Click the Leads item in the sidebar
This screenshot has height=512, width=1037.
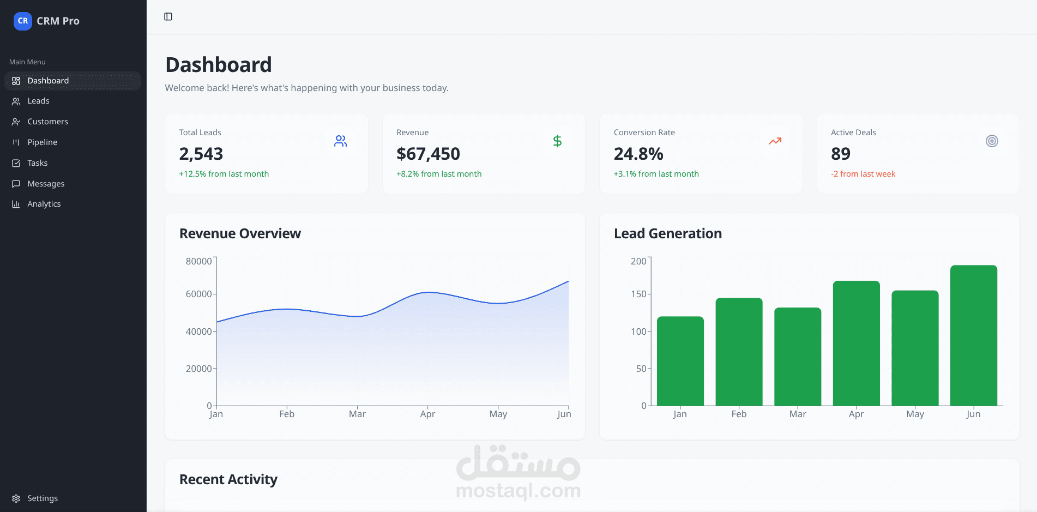pyautogui.click(x=38, y=101)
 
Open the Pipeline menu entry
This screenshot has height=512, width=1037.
pyautogui.click(x=42, y=142)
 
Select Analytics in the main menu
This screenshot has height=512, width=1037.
pyautogui.click(x=44, y=204)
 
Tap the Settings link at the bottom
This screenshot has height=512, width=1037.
pyautogui.click(x=42, y=498)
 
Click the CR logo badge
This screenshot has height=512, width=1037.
pyautogui.click(x=22, y=21)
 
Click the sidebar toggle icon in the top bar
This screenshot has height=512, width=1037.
pyautogui.click(x=168, y=17)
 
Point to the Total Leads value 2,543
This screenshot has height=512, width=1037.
pyautogui.click(x=201, y=154)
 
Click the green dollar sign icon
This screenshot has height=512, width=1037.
pyautogui.click(x=557, y=141)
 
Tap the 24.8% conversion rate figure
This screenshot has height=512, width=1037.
pyautogui.click(x=638, y=154)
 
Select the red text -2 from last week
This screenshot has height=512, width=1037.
pyautogui.click(x=863, y=174)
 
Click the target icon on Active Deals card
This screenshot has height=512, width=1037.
pyautogui.click(x=992, y=141)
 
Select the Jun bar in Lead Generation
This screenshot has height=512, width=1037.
pyautogui.click(x=973, y=335)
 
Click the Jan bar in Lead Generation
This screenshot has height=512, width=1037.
pyautogui.click(x=680, y=361)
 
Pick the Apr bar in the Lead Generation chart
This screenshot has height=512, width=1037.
pyautogui.click(x=856, y=344)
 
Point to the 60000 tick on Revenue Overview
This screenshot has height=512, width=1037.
pyautogui.click(x=198, y=294)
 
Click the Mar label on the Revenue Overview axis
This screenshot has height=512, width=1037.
pyautogui.click(x=357, y=414)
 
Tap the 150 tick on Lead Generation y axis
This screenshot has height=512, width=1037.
pyautogui.click(x=638, y=294)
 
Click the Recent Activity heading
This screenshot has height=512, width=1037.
pyautogui.click(x=228, y=479)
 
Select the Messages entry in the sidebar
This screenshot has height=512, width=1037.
pyautogui.click(x=46, y=184)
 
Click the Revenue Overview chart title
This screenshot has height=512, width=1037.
pyautogui.click(x=240, y=233)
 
